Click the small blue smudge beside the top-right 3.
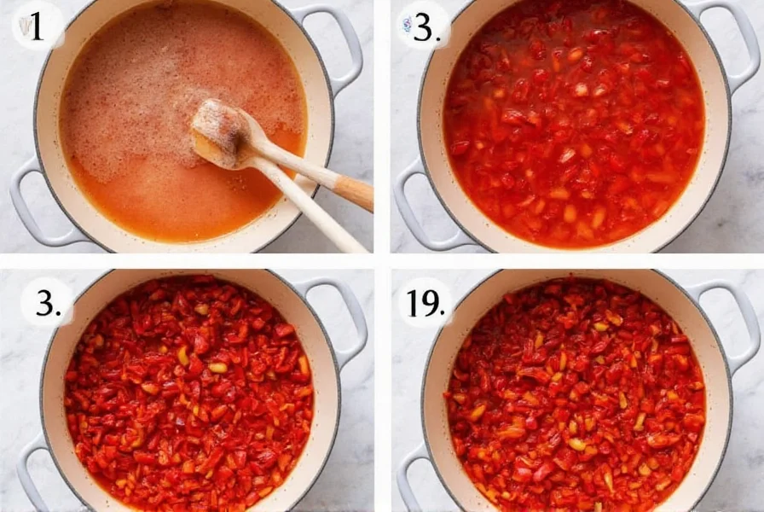click(408, 26)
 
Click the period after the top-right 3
click(437, 37)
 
